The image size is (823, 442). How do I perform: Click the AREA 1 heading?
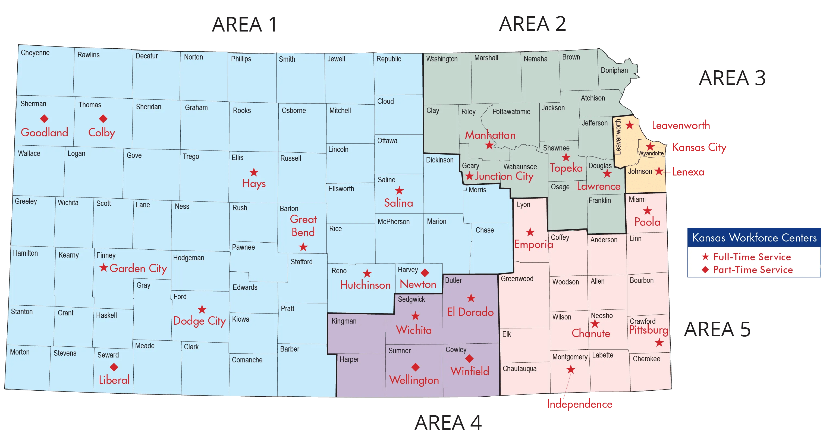pos(244,25)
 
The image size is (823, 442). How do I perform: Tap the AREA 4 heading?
pos(448,423)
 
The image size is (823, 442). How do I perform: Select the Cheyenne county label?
pos(35,53)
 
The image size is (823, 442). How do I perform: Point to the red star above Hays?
pos(254,172)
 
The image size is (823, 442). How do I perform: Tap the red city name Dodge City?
pos(199,321)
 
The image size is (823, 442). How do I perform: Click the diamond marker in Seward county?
pos(114,367)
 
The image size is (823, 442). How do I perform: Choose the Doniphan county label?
pos(614,70)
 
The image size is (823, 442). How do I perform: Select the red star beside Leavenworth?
pos(630,125)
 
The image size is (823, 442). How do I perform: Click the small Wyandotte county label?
pos(651,153)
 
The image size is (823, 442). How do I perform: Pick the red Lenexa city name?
pos(688,172)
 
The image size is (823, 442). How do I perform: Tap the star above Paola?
pos(648,211)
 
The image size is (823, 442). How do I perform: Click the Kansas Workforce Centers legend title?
pos(754,237)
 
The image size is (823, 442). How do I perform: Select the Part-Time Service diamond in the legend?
pos(705,270)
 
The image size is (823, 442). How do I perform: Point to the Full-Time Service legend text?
pos(752,257)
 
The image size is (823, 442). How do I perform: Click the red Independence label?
pos(580,404)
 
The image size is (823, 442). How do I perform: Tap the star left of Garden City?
pos(103,268)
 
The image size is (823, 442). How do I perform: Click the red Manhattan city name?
pos(490,135)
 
